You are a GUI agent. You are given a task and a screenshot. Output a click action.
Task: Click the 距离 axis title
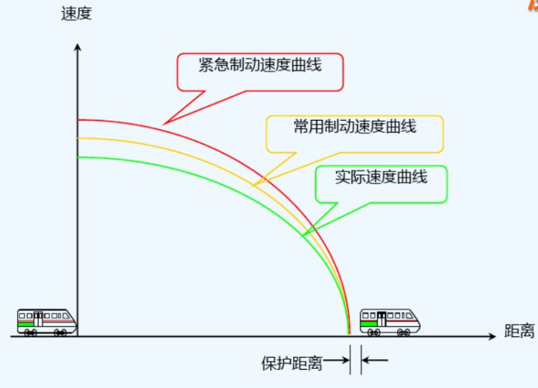click(519, 331)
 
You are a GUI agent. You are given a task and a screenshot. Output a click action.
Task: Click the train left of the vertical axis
click(47, 321)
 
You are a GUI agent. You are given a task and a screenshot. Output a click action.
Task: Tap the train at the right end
click(390, 321)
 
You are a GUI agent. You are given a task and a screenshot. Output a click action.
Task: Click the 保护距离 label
click(291, 363)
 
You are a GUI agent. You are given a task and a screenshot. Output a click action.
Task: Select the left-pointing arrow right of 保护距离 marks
click(375, 361)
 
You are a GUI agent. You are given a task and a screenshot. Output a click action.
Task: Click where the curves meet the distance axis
click(349, 335)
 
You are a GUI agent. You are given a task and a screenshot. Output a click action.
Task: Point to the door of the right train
click(381, 320)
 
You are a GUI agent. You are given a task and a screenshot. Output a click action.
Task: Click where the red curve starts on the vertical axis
click(78, 120)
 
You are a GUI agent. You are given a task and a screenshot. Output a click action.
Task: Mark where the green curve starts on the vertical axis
click(78, 157)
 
